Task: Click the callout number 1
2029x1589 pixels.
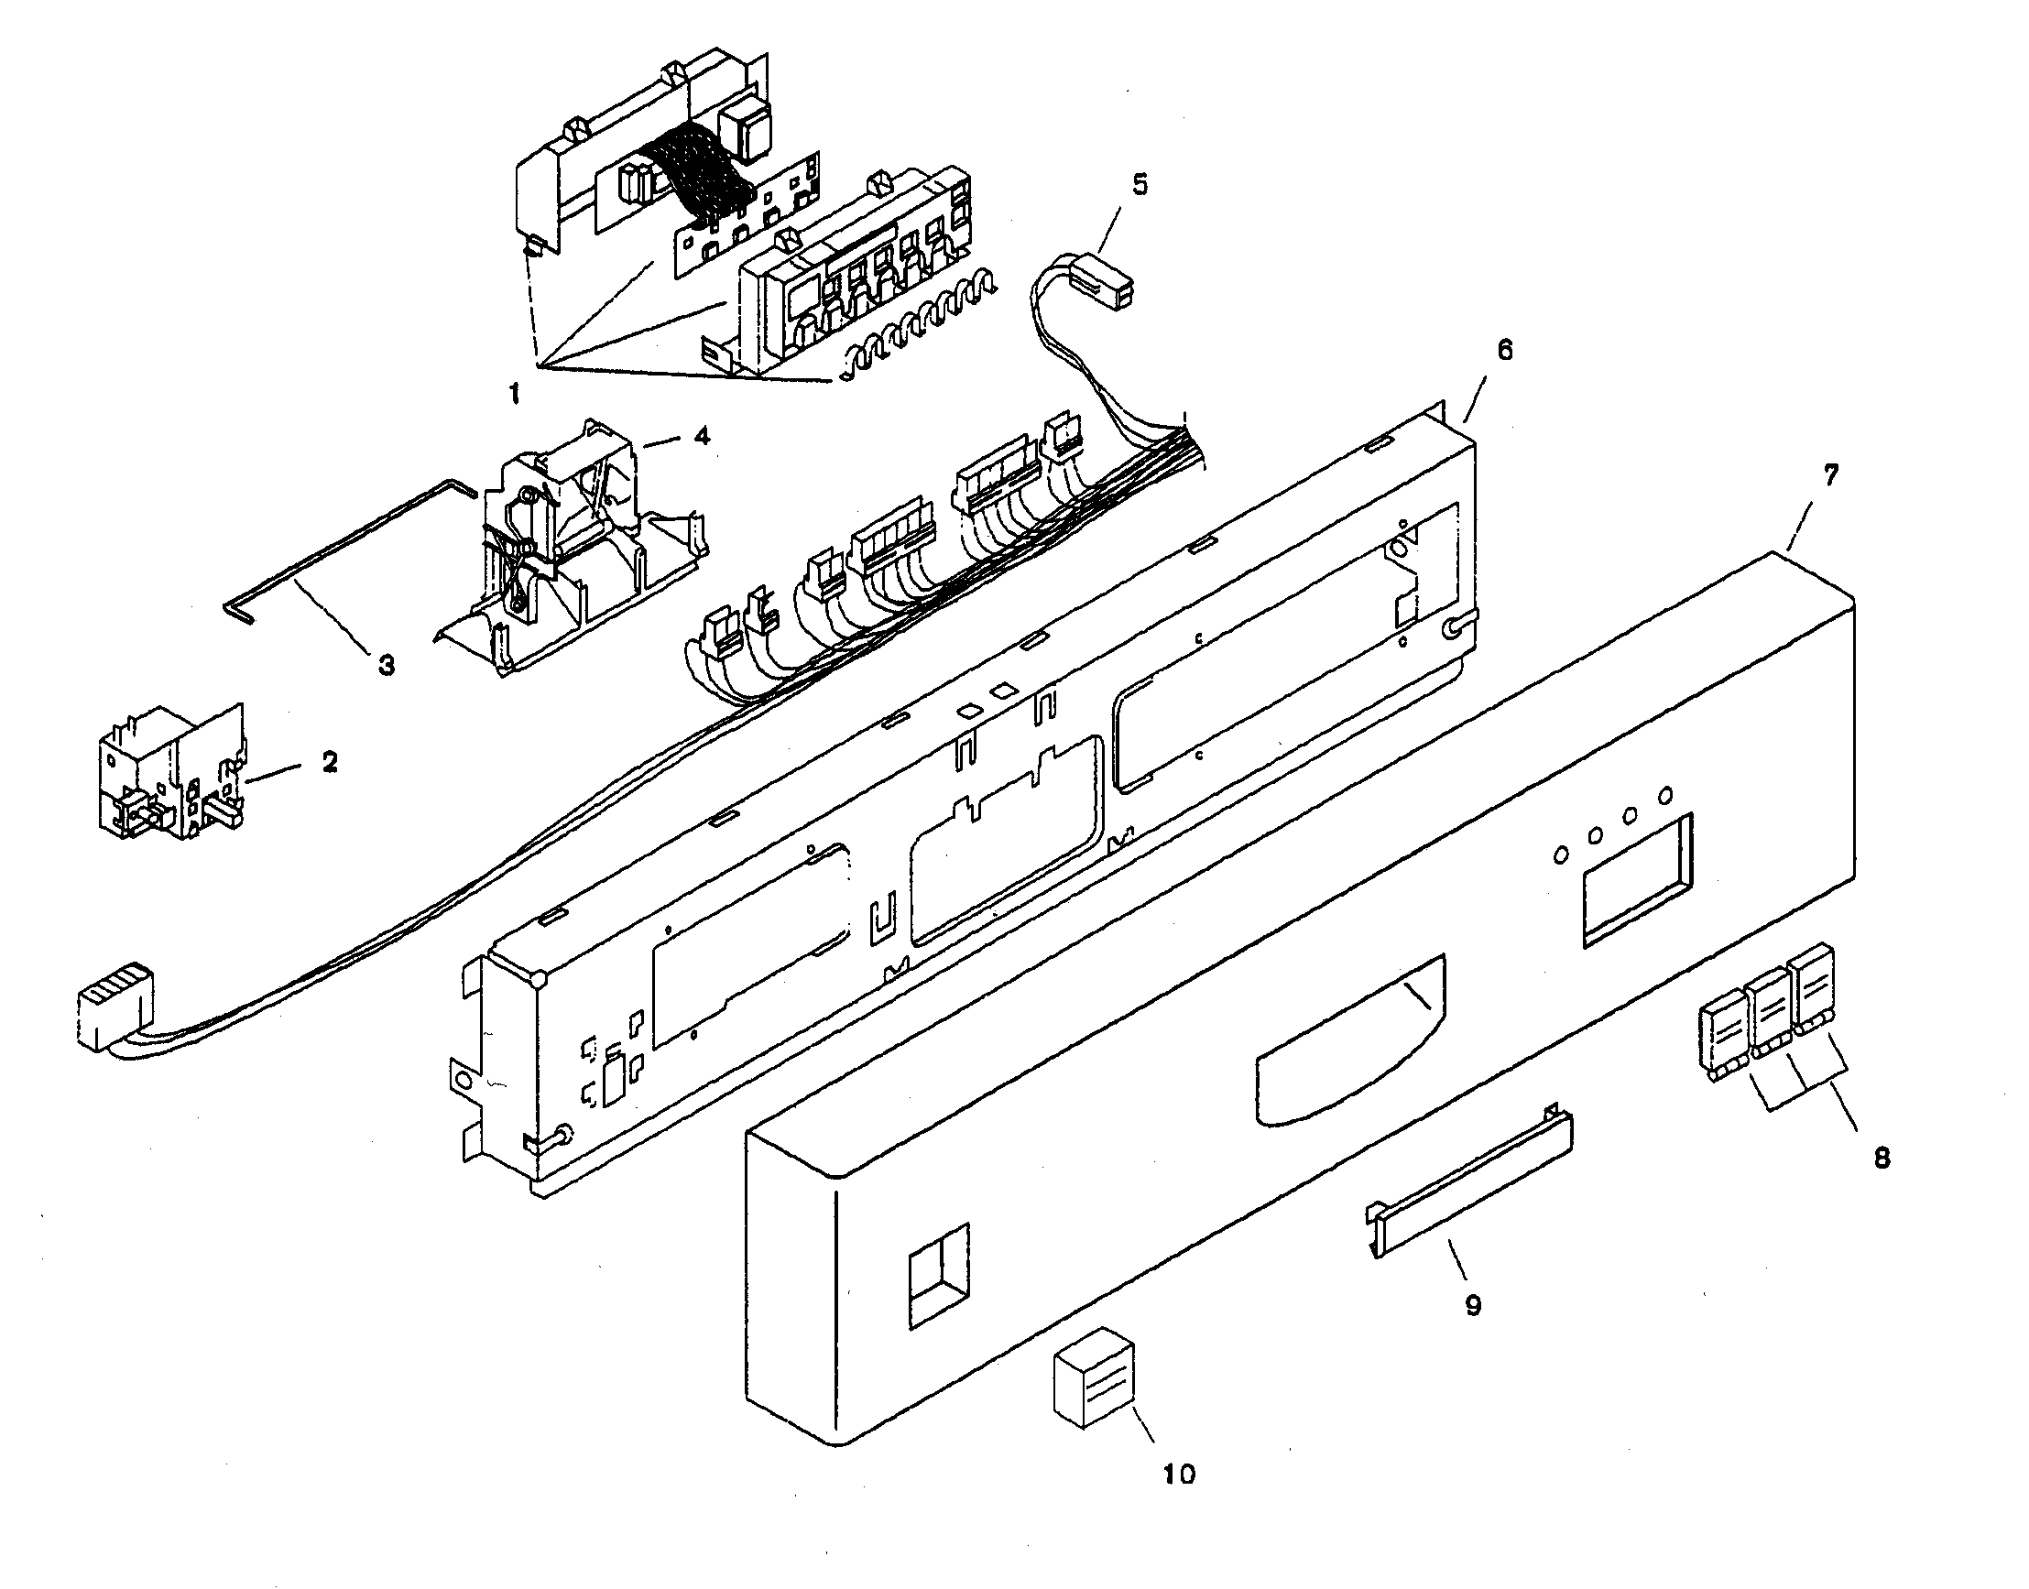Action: point(515,394)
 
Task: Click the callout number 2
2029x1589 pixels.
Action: point(330,762)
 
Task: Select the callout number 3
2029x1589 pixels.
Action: point(385,664)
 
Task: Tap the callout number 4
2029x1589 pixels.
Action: point(702,435)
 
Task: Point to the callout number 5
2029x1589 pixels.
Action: point(1140,184)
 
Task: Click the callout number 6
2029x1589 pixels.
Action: point(1504,350)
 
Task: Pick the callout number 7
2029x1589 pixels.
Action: point(1830,476)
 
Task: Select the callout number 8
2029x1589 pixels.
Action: point(1882,1158)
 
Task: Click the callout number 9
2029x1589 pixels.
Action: point(1473,1305)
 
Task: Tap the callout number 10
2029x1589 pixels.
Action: point(1179,1474)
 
